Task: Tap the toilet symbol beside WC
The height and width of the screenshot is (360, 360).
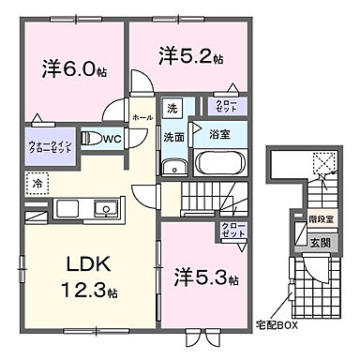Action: pos(90,139)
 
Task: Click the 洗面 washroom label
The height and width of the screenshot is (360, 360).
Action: pos(175,136)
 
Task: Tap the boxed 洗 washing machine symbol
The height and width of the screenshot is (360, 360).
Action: pos(171,110)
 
